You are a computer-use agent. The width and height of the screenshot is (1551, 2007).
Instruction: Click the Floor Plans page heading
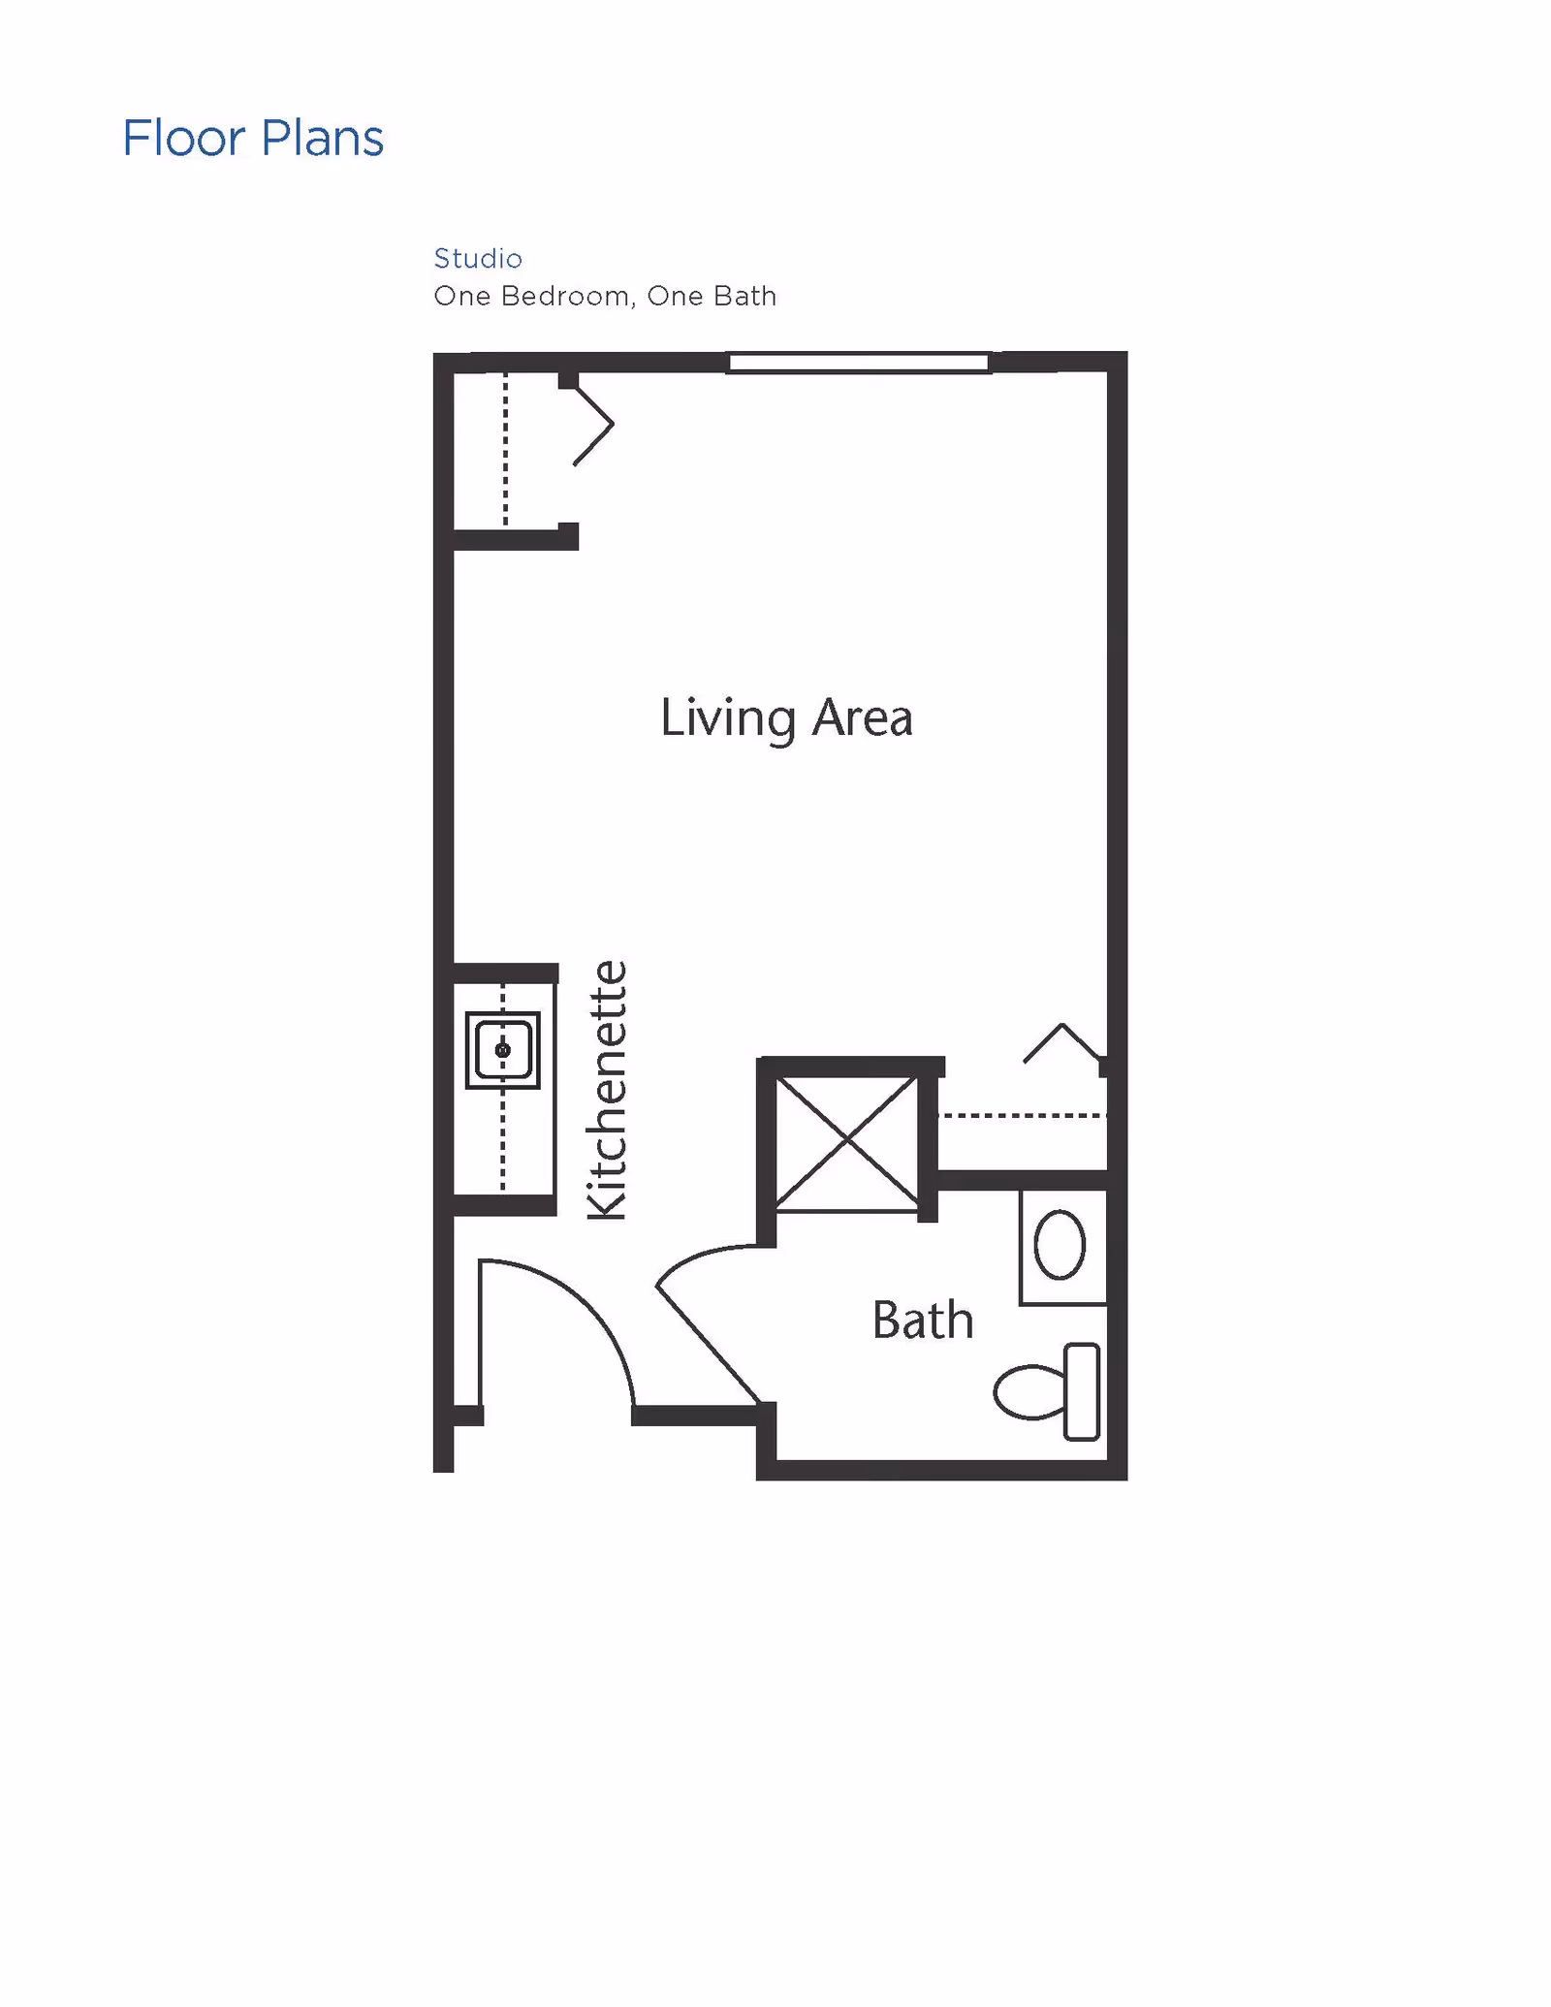[253, 138]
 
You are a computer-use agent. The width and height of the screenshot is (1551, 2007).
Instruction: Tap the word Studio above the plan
[478, 258]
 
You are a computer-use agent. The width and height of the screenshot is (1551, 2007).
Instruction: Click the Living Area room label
[786, 718]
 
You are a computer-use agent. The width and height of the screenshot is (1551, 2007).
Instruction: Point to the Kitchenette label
[608, 1090]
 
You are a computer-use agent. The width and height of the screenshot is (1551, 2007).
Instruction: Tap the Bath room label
[923, 1320]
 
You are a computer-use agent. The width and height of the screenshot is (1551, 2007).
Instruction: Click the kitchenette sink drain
[502, 1050]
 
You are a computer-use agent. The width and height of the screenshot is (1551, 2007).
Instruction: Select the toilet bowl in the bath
[1029, 1392]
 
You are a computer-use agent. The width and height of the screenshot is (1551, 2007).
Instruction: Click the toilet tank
[1082, 1391]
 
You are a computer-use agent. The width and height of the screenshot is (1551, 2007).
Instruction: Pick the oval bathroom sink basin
[1060, 1245]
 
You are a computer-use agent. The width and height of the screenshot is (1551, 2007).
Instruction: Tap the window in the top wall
[859, 363]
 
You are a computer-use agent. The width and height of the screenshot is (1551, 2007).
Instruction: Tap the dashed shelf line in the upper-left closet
[505, 450]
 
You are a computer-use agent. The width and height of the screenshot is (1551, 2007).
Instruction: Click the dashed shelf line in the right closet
[1023, 1116]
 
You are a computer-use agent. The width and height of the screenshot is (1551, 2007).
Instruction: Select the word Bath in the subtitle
[744, 296]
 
